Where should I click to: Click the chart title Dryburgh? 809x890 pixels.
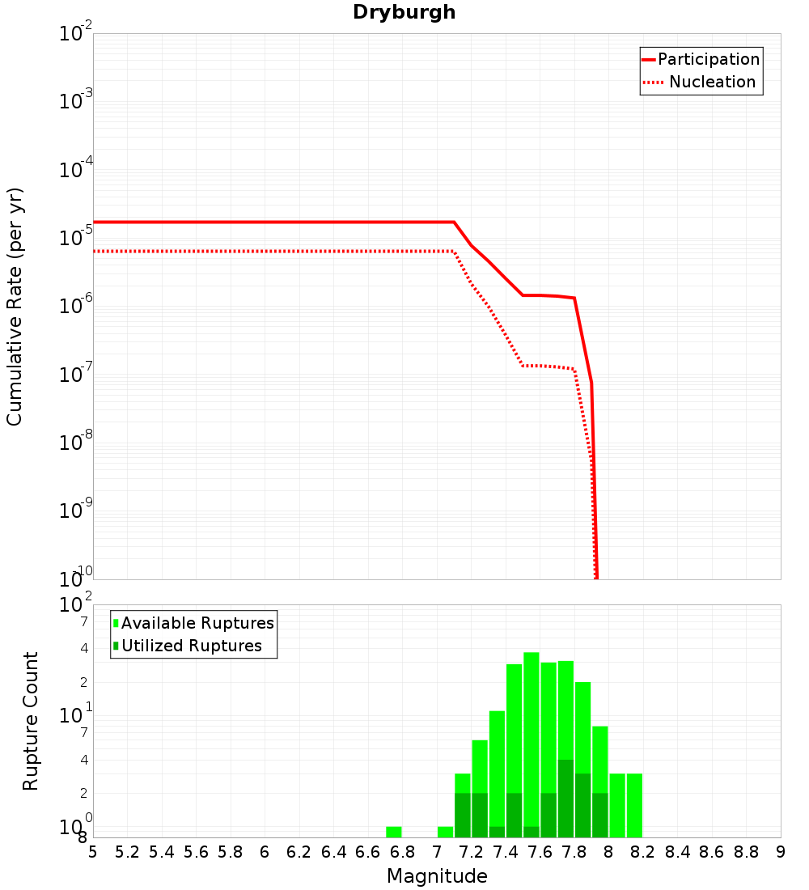click(404, 12)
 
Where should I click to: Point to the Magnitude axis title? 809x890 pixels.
click(437, 876)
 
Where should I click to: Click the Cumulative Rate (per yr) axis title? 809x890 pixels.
click(15, 307)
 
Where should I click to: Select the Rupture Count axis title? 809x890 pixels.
click(31, 720)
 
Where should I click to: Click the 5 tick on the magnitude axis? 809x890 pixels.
click(93, 852)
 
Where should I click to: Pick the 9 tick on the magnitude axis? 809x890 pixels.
click(781, 852)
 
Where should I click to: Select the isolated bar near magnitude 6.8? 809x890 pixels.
click(394, 832)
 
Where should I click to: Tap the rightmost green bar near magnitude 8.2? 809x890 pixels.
click(634, 805)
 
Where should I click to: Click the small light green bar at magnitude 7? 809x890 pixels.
click(445, 832)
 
